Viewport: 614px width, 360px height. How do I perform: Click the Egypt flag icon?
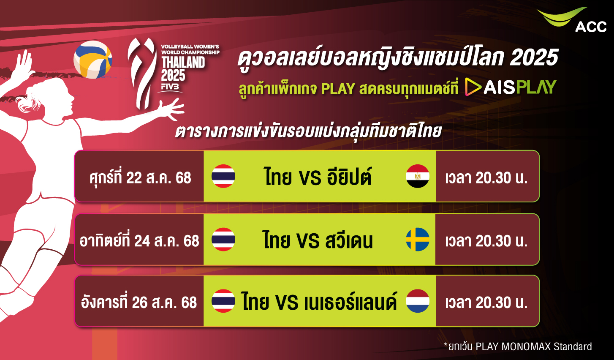coord(418,176)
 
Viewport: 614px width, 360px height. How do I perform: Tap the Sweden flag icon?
coord(418,239)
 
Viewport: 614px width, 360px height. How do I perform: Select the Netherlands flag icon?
coord(418,301)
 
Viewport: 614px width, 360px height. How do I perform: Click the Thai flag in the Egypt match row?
coord(223,176)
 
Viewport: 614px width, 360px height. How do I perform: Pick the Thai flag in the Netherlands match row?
coord(223,301)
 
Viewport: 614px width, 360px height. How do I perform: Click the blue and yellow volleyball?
coord(93,60)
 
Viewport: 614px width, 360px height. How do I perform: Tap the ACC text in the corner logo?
coord(591,27)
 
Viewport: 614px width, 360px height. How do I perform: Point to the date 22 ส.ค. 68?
coord(159,178)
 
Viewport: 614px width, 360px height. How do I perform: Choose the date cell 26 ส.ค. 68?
coord(139,301)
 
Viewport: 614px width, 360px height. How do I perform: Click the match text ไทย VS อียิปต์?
coord(318,177)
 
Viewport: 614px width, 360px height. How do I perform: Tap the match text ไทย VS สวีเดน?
coord(318,240)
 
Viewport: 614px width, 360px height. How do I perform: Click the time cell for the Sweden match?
coord(487,239)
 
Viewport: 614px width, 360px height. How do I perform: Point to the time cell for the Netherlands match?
coord(487,301)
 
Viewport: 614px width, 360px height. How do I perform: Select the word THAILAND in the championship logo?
coord(183,62)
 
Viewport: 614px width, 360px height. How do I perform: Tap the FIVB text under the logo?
coord(170,87)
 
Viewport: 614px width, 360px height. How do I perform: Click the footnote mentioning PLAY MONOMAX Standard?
coord(518,346)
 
